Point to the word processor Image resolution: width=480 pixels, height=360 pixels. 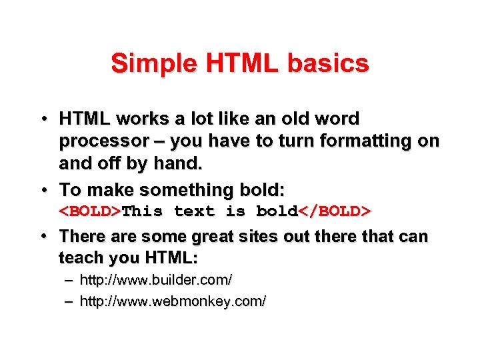pos(104,141)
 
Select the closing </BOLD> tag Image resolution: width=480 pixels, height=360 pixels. pos(334,211)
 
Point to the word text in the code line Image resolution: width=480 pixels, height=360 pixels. pos(194,211)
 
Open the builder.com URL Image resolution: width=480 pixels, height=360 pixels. pos(155,280)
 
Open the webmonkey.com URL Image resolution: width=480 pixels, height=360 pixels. pos(173,301)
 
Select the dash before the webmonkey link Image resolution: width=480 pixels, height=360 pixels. pos(69,301)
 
